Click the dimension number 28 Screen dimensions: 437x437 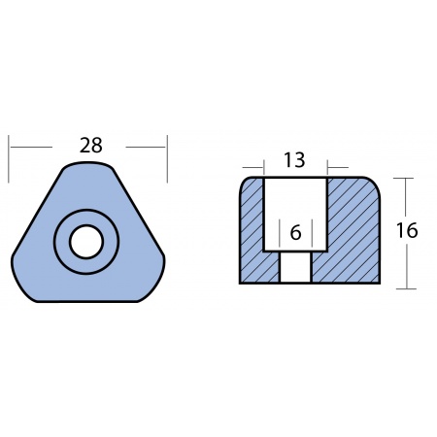91,146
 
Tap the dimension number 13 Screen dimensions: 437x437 294,160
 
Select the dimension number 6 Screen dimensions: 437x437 295,232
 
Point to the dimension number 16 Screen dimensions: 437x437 407,230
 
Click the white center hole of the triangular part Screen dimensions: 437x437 86,242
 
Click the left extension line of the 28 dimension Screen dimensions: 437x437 9,159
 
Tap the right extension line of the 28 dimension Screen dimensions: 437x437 167,159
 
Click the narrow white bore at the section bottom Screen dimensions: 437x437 295,267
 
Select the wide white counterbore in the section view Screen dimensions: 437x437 295,215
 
